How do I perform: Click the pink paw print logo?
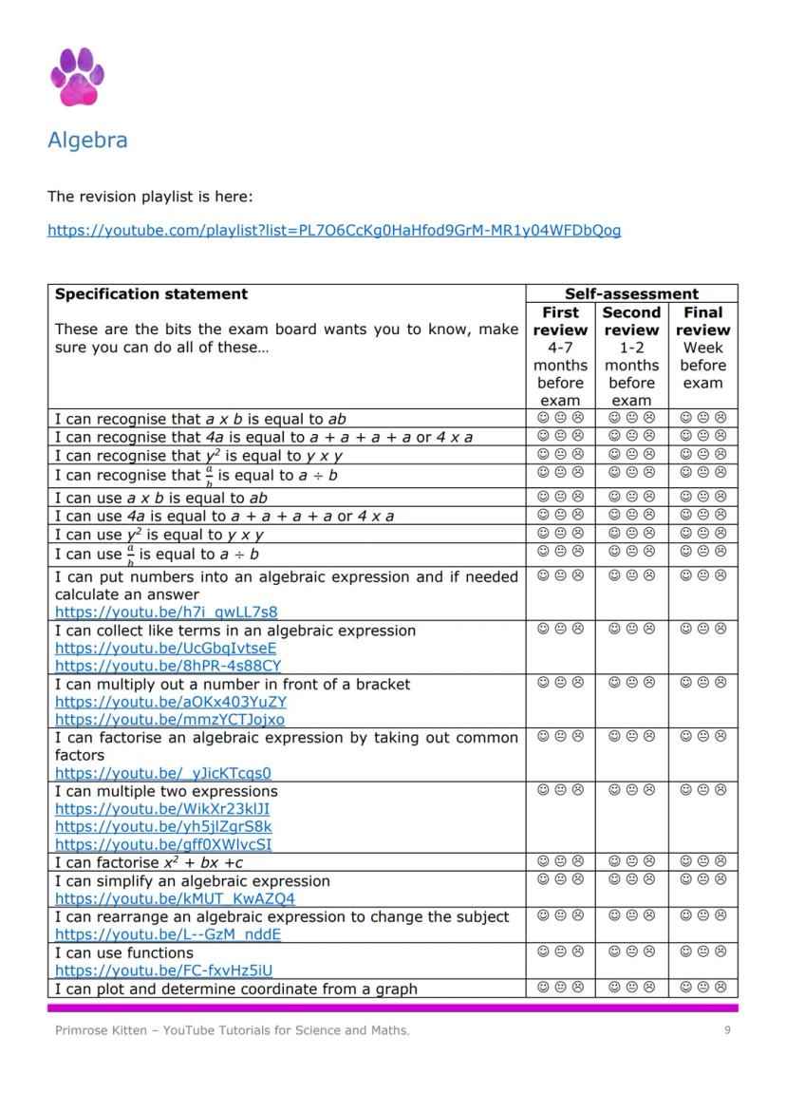pos(77,77)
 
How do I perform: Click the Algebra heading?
pos(87,141)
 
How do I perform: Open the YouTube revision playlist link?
pos(334,230)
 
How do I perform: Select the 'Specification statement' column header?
pos(151,294)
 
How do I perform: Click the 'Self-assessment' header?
pos(631,294)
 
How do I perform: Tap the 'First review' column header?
pos(560,321)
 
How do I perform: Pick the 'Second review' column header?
pos(631,321)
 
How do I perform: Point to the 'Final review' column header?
pos(703,321)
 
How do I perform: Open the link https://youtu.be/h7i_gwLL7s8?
pos(166,613)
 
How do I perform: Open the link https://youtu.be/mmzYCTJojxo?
pos(170,720)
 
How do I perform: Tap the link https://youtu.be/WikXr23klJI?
pos(162,809)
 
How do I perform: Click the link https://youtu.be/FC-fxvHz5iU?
pos(163,971)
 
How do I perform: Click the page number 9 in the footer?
pos(727,1030)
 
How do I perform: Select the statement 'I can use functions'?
pos(123,952)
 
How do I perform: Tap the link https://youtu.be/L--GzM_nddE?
pos(168,934)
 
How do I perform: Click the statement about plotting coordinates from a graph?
pos(235,989)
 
